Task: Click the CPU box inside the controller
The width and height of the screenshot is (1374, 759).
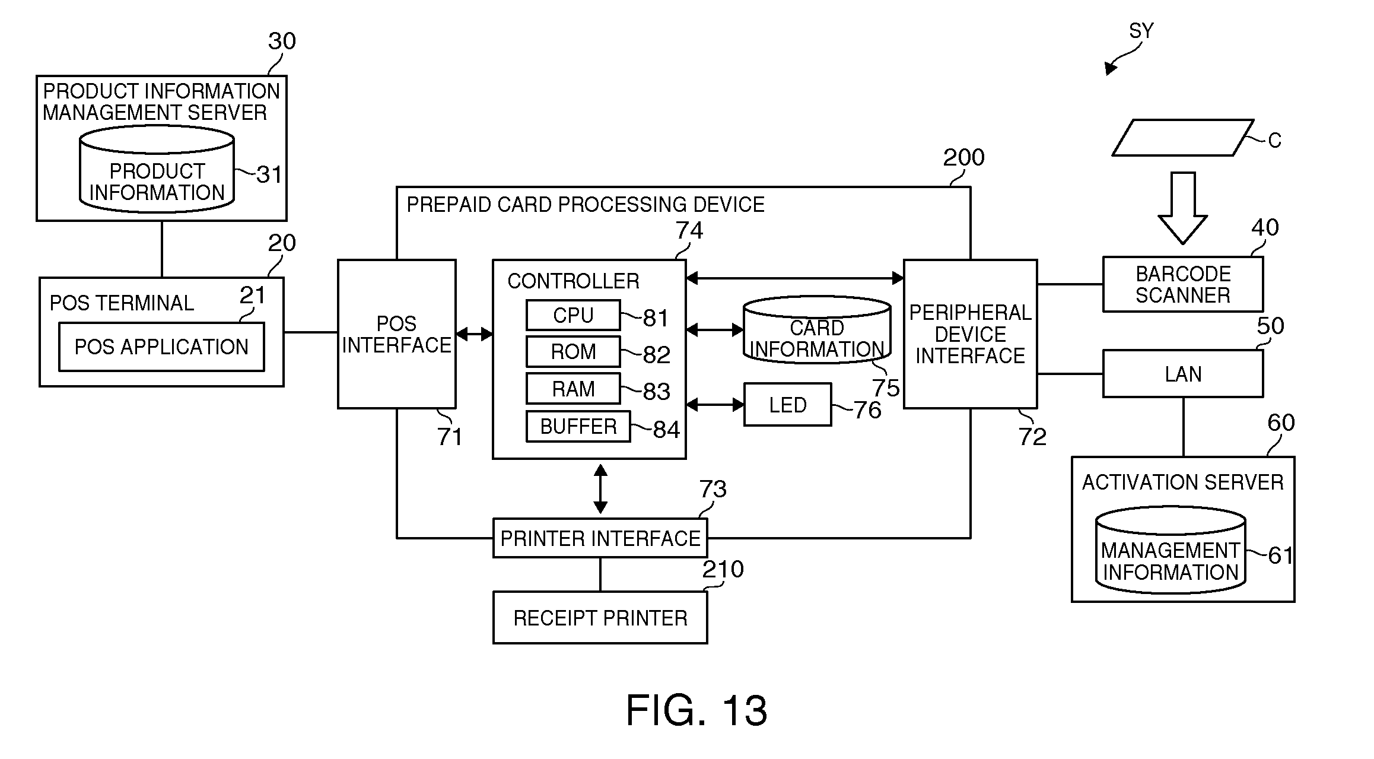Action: [x=573, y=315]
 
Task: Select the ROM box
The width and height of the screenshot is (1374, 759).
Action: [x=573, y=352]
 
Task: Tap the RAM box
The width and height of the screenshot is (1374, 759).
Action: [x=573, y=389]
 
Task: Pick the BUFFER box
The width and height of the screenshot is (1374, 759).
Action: [x=578, y=427]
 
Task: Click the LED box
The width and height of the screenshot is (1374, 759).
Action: [x=787, y=405]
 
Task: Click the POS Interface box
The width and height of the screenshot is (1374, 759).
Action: [x=396, y=334]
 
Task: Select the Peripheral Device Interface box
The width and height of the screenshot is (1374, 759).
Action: [x=970, y=334]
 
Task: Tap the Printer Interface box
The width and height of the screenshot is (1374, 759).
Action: [x=600, y=538]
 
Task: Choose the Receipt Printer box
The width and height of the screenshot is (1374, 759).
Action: [x=600, y=618]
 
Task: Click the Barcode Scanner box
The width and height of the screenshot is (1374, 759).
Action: [x=1182, y=285]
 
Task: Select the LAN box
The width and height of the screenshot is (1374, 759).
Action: [x=1182, y=374]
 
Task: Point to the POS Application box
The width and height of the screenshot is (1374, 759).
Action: [x=161, y=347]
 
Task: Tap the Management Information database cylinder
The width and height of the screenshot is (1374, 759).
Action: [x=1170, y=552]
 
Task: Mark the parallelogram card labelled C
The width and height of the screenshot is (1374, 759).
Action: [x=1182, y=138]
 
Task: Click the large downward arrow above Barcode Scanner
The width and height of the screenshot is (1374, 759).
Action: [x=1182, y=208]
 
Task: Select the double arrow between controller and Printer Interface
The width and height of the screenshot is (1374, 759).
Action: [x=600, y=489]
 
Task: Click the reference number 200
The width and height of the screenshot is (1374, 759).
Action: [x=963, y=158]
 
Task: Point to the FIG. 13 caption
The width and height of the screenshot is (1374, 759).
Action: [x=696, y=710]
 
